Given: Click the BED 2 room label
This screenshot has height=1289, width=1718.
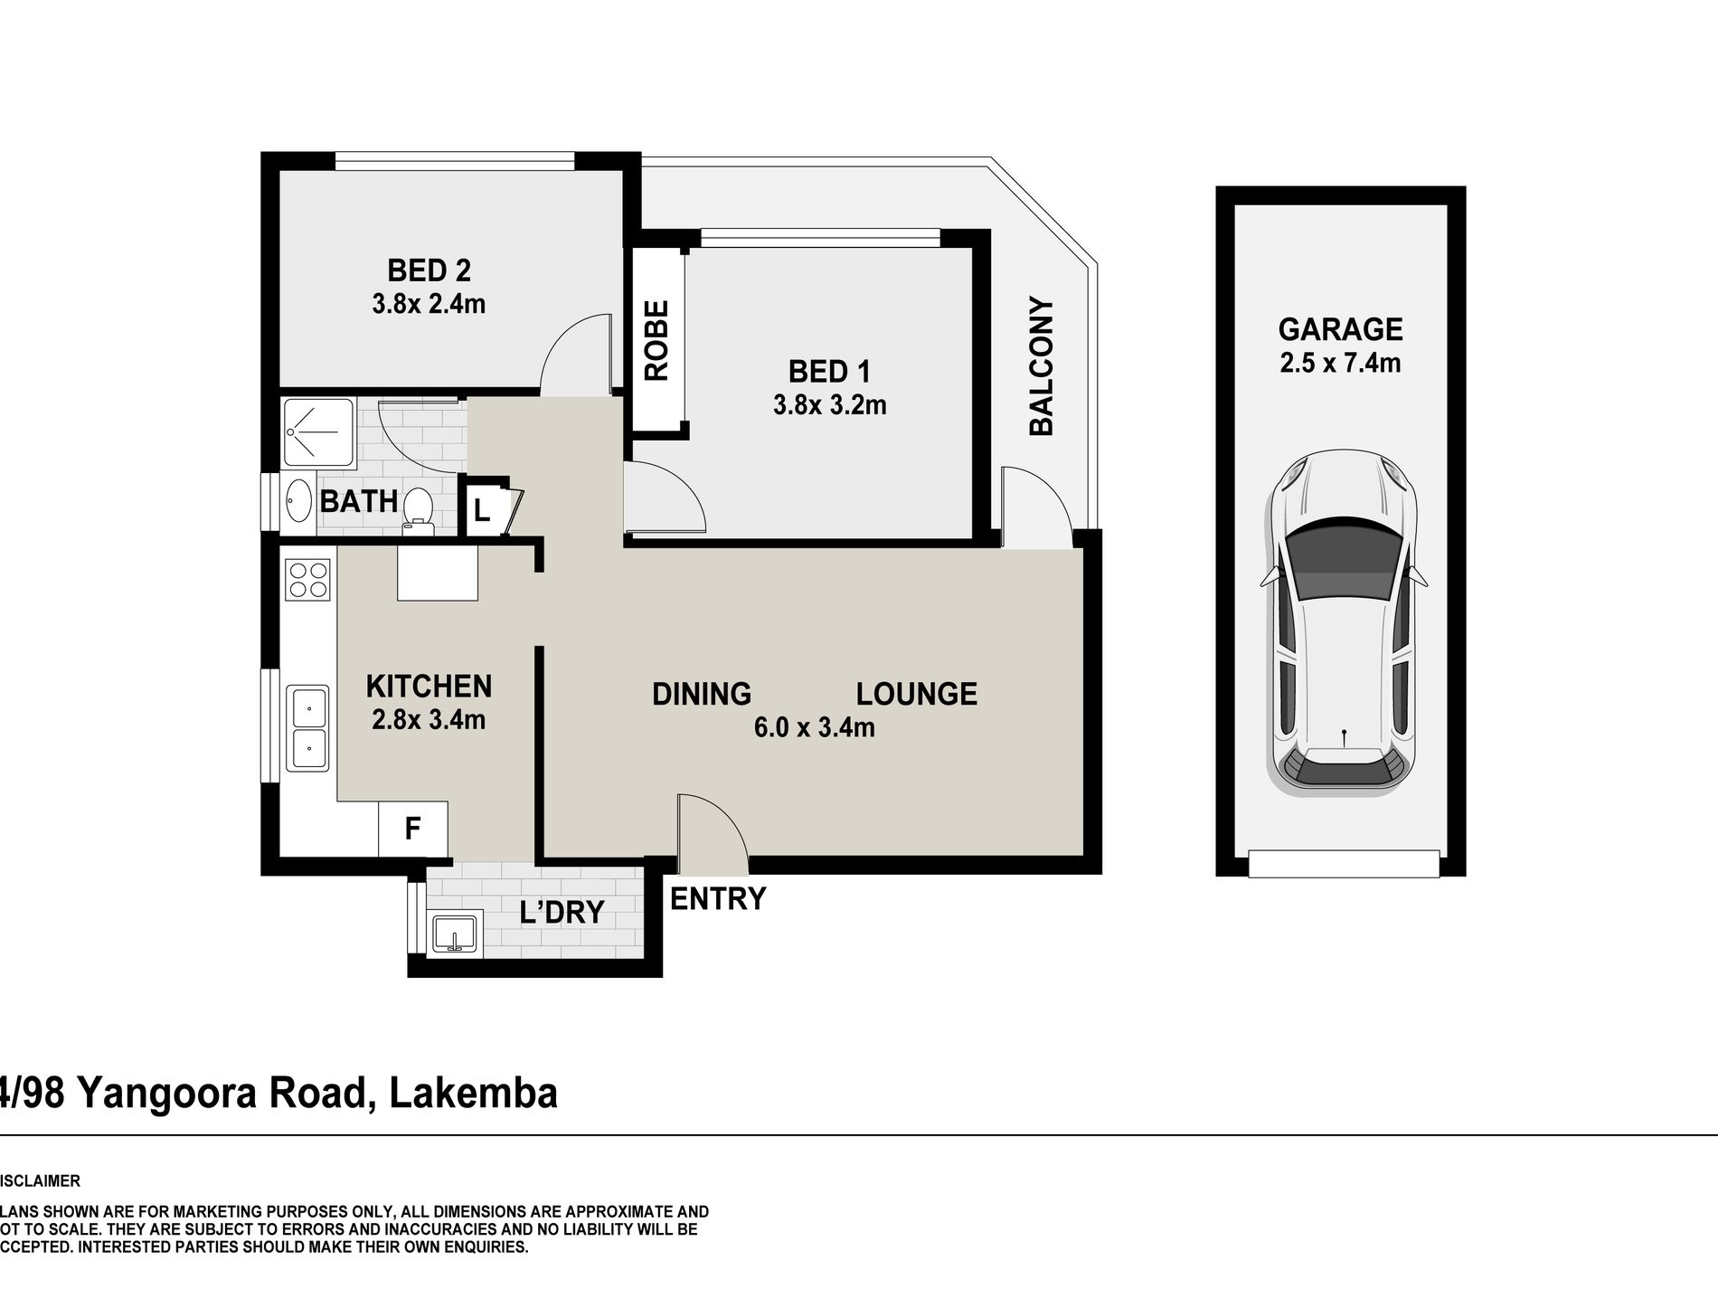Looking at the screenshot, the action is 429,270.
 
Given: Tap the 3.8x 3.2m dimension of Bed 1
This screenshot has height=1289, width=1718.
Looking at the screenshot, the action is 829,404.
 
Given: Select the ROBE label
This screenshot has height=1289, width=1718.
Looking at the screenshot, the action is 656,340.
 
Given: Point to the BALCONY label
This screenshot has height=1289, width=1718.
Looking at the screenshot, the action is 1042,366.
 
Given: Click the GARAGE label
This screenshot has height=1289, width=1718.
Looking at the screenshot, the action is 1340,328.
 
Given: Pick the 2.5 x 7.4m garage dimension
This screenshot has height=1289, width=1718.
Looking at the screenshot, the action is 1340,363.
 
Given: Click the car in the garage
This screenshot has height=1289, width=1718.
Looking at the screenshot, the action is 1343,623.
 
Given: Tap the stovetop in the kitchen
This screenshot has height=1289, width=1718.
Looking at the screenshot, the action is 307,579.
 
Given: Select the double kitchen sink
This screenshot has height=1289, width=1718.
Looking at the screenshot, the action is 307,728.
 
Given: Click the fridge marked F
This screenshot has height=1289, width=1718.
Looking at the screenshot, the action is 412,828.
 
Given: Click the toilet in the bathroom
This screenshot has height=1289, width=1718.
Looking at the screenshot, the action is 417,507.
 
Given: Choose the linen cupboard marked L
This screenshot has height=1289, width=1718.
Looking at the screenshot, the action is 482,510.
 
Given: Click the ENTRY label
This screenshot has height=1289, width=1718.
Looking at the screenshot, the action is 717,898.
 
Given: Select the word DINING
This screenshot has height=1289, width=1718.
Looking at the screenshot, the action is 702,694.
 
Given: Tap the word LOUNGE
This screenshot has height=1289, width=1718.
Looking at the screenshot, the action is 917,694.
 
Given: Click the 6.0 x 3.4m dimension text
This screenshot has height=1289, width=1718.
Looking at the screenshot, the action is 814,727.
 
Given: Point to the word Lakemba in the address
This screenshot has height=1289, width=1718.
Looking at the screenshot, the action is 473,1093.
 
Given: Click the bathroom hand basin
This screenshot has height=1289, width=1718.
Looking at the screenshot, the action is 297,502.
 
